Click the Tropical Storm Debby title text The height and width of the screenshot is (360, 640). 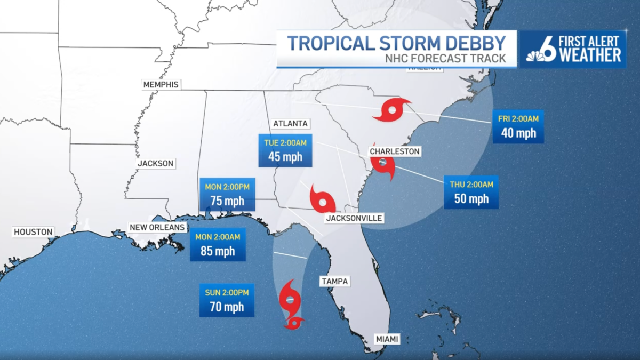(x=396, y=43)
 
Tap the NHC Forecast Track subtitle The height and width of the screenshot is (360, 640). (x=445, y=59)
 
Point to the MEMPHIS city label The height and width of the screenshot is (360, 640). (x=161, y=84)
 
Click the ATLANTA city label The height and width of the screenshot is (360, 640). (x=290, y=123)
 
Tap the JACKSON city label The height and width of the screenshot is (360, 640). (x=155, y=163)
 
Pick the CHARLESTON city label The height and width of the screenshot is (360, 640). (x=395, y=151)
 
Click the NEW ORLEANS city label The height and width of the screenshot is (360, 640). (x=157, y=227)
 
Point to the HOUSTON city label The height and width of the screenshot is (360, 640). (x=34, y=231)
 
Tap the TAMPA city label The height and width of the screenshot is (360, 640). (x=334, y=281)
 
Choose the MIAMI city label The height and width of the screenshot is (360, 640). (x=387, y=338)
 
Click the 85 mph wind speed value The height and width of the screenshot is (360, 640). (x=218, y=251)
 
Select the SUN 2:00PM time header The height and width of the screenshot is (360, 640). (x=227, y=292)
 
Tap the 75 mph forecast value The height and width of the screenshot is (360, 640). (x=227, y=201)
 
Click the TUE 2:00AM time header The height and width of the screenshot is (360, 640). (x=285, y=142)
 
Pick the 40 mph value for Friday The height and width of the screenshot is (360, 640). (x=518, y=133)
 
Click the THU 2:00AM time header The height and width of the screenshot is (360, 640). (x=471, y=184)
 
